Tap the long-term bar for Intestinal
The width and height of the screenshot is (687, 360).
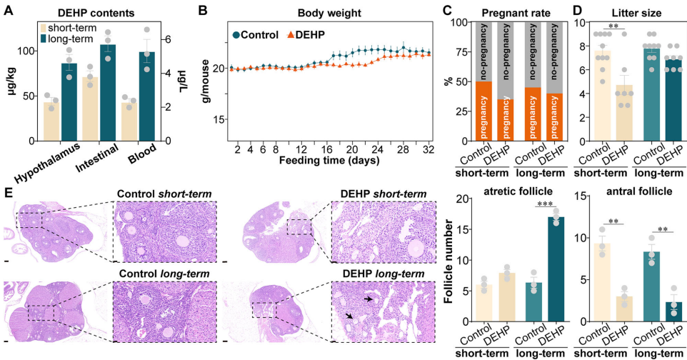coord(107,93)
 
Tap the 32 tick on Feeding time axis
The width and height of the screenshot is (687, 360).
coord(428,150)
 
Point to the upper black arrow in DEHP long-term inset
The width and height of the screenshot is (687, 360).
coord(368,300)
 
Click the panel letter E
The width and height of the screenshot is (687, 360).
coord(8,192)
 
